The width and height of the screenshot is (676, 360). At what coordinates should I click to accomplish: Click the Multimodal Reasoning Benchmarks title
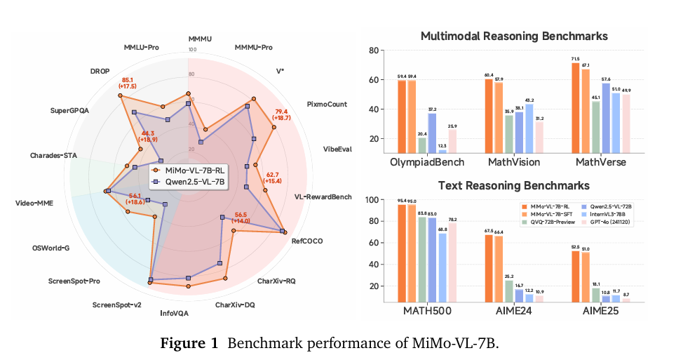(x=513, y=36)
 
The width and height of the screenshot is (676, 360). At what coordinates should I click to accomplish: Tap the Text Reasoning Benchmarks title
(x=513, y=185)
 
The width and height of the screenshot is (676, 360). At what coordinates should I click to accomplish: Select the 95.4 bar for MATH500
(x=402, y=253)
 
